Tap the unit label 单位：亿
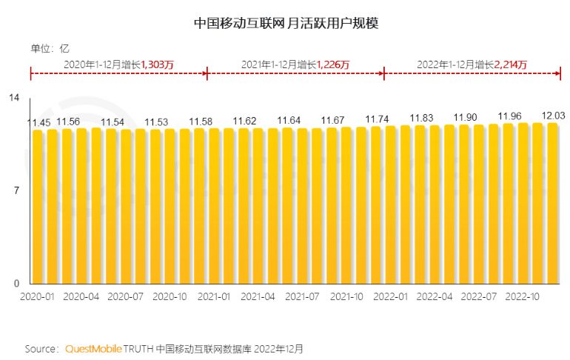[50, 48]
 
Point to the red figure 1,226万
[333, 65]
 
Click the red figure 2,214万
[511, 65]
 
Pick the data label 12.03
[554, 116]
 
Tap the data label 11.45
[38, 122]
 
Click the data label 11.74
[378, 119]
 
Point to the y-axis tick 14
[15, 97]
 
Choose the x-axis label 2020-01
[37, 296]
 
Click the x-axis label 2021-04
[258, 296]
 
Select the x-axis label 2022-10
[522, 296]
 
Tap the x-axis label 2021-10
[346, 296]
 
